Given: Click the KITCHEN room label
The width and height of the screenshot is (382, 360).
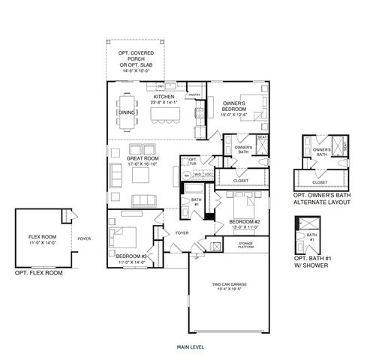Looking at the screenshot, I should click(164, 97).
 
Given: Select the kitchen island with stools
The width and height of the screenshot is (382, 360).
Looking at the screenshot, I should click(164, 115).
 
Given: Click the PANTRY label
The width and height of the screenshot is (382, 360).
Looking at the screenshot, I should click(194, 95).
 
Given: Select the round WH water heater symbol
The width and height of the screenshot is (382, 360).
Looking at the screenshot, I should click(187, 175).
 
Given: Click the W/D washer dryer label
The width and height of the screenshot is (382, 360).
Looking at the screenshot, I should click(199, 175).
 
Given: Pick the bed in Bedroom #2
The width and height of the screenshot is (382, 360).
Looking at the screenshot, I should click(242, 202).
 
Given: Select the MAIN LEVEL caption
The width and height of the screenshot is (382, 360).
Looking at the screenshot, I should click(191, 347).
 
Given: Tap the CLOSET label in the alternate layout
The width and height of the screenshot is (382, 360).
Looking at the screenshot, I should click(319, 181).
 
